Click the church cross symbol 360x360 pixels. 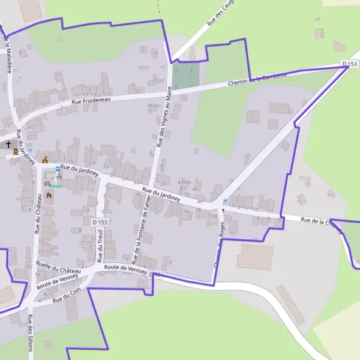pyautogui.click(x=8, y=144)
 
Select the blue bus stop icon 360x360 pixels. pyautogui.click(x=58, y=169)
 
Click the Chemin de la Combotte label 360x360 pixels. pyautogui.click(x=257, y=79)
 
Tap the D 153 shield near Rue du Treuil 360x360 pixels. pyautogui.click(x=100, y=222)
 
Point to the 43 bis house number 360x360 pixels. pyautogui.click(x=184, y=181)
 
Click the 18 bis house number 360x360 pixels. pyautogui.click(x=154, y=106)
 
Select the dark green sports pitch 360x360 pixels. pyautogui.click(x=186, y=76)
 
